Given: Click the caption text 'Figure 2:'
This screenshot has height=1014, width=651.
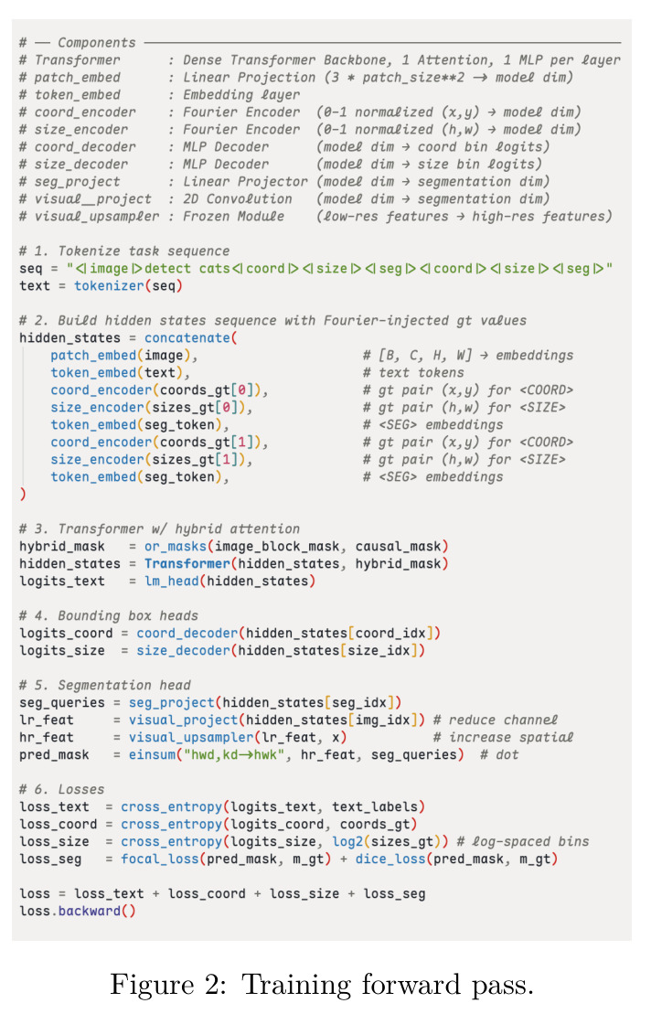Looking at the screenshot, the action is pos(169,985).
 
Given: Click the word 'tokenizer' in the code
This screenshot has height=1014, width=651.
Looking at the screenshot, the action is pos(109,286).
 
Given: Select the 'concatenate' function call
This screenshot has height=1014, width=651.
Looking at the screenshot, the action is pos(187,337).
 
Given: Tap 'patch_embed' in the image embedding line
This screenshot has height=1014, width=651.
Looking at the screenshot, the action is pos(94,356).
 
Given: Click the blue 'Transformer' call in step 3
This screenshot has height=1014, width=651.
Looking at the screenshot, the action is pos(187,563).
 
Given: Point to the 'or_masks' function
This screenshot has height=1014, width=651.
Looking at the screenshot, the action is pos(176,547).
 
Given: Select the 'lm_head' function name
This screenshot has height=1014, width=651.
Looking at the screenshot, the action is pos(171,581).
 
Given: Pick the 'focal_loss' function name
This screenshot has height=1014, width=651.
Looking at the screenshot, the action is pos(160,859).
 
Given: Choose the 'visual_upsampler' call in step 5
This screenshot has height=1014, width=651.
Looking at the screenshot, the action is pos(191,737).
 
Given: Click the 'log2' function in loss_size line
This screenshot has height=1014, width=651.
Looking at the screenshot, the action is pos(347,842).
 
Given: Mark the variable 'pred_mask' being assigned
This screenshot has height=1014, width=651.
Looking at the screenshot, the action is pos(54,754).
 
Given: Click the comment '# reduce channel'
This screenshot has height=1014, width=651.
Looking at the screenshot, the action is pos(496,720).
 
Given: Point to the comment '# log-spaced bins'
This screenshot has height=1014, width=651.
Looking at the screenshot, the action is pos(523,841).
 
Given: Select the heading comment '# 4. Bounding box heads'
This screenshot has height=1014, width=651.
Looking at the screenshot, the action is pos(109,615).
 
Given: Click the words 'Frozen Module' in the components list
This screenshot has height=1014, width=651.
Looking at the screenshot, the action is pos(233,216).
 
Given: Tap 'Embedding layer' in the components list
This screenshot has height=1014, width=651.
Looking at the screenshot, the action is pos(241,94).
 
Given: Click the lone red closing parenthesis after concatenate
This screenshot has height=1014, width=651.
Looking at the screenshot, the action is pos(23,494).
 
